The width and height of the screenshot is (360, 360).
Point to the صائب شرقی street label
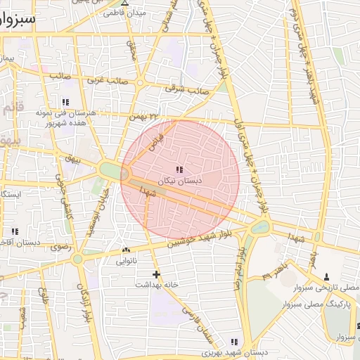[x=183, y=89]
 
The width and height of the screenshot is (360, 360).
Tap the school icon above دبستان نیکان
[x=179, y=169]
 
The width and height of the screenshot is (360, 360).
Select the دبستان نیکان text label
[x=180, y=181]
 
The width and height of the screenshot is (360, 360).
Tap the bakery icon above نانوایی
[x=126, y=250]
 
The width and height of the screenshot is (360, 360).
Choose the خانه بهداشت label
[x=155, y=285]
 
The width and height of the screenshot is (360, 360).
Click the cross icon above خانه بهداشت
[x=156, y=274]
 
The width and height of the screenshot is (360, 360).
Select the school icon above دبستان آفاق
[x=14, y=231]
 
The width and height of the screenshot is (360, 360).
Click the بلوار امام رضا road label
[x=240, y=263]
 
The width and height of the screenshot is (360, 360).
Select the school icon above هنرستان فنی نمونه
[x=65, y=102]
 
